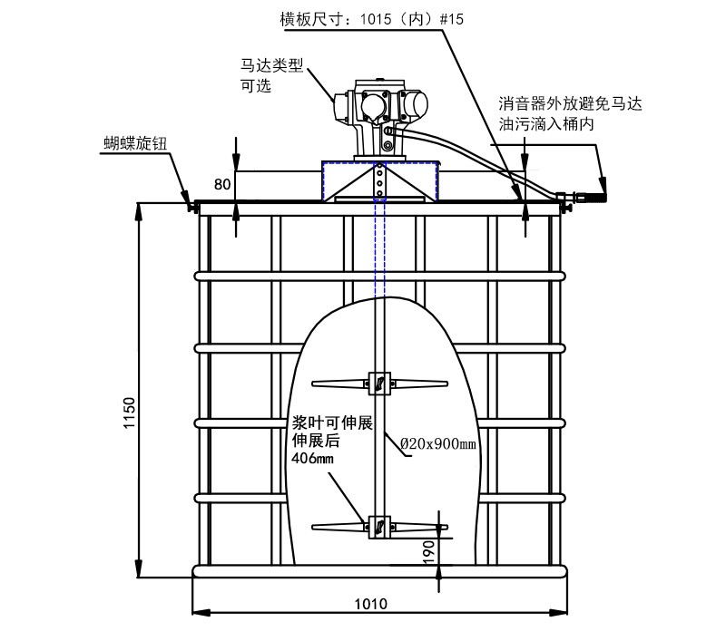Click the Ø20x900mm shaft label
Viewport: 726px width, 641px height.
tap(438, 444)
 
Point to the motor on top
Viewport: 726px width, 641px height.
tap(378, 113)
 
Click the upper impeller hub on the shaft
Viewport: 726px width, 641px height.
tap(378, 384)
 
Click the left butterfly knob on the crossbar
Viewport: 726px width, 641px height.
tap(191, 208)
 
